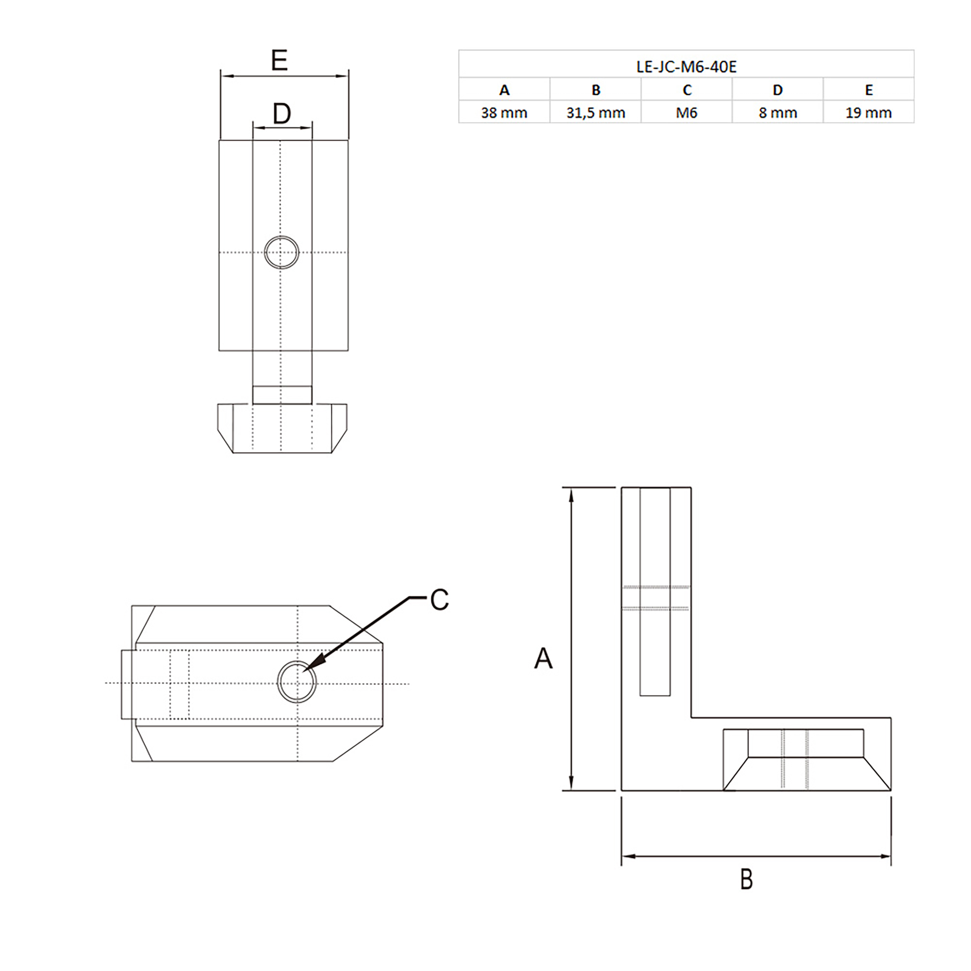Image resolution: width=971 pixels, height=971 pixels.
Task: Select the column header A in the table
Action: [x=504, y=90]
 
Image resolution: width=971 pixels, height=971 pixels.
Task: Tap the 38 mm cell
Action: [x=504, y=113]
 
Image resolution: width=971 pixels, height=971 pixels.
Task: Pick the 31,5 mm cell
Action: [x=595, y=113]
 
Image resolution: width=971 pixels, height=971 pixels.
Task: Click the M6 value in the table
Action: [x=687, y=113]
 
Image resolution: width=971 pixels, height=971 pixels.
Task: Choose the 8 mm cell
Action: [x=778, y=113]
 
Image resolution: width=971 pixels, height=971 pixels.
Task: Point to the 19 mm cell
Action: [x=868, y=113]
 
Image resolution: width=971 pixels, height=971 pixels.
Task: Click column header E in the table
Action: [x=868, y=90]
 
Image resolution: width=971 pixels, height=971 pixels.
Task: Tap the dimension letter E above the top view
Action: [x=279, y=61]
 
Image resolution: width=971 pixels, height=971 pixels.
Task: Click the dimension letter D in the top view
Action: [x=282, y=114]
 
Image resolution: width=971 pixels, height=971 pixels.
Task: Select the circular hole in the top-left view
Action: [x=282, y=252]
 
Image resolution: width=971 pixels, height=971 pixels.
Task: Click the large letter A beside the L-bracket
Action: [x=543, y=658]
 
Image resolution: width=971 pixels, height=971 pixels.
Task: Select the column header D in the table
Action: [x=778, y=90]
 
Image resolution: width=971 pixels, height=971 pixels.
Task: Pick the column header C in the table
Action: [x=687, y=90]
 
